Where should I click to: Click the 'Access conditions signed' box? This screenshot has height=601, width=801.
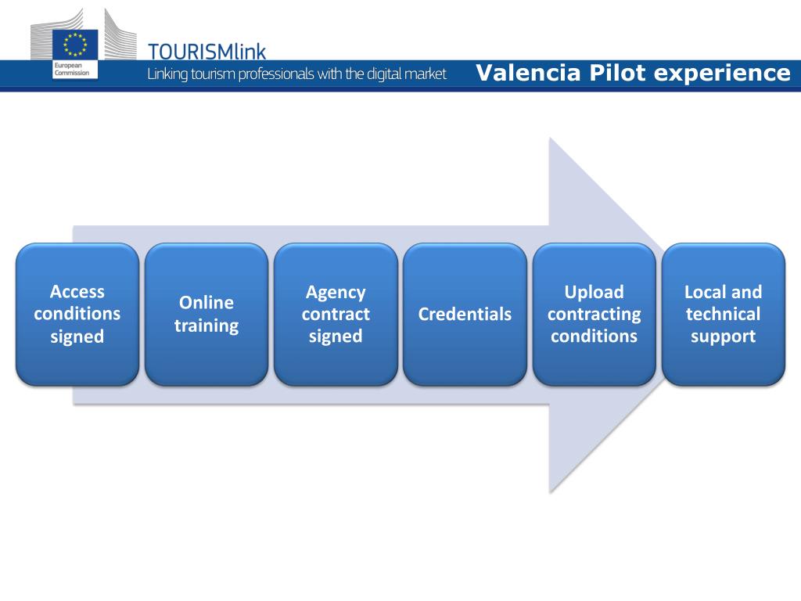point(77,314)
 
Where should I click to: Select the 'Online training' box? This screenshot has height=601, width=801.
point(207,314)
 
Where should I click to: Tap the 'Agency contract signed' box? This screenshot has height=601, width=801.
point(336,314)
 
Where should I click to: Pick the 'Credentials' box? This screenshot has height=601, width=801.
point(465,314)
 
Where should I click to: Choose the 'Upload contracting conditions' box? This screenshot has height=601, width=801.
point(594,314)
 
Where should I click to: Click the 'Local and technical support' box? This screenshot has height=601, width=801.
point(723,314)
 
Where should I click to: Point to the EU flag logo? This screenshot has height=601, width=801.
point(75,45)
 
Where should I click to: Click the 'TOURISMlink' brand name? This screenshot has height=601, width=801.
point(207,52)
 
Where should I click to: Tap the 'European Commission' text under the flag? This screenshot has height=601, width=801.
point(70,70)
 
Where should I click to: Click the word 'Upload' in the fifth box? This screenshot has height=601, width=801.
point(594,292)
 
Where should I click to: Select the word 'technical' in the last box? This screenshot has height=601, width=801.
point(723,315)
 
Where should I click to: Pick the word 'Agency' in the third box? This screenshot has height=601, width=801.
point(336,292)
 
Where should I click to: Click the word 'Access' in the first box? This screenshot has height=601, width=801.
point(77,292)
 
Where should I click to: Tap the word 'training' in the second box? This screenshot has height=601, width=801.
point(207,326)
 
